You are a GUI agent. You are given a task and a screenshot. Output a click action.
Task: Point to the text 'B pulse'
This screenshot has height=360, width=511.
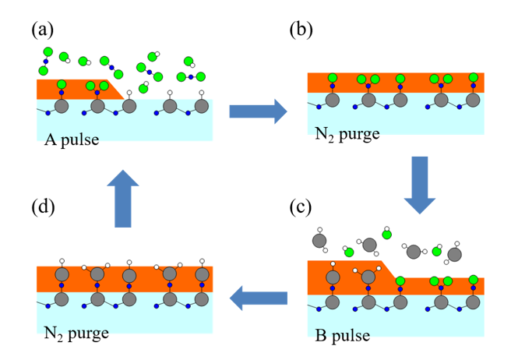tap(342, 337)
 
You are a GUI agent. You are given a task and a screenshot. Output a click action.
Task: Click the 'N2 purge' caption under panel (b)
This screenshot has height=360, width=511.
tap(347, 134)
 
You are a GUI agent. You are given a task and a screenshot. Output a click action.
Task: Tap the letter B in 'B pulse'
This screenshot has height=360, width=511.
tap(321, 337)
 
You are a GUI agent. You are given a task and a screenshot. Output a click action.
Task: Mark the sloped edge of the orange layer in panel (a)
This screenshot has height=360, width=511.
tap(117, 89)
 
